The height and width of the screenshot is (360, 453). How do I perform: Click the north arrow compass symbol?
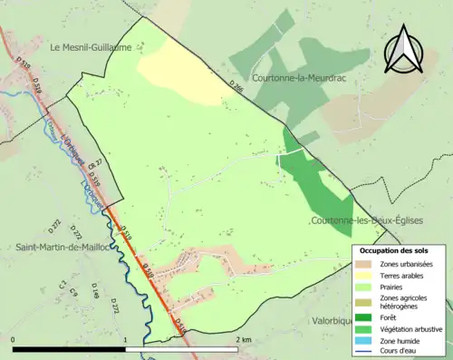[x=404, y=51]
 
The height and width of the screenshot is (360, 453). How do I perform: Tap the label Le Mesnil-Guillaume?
[x=91, y=47]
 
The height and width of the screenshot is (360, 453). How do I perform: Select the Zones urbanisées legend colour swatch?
[x=367, y=264]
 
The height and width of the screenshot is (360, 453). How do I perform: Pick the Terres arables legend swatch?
[x=367, y=276]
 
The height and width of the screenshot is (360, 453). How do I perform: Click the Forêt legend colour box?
[x=367, y=316]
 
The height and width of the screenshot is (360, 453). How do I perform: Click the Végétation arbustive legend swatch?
[x=367, y=328]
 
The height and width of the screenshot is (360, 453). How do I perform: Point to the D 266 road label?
[x=236, y=88]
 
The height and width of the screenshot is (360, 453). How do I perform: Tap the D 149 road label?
[x=94, y=290]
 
